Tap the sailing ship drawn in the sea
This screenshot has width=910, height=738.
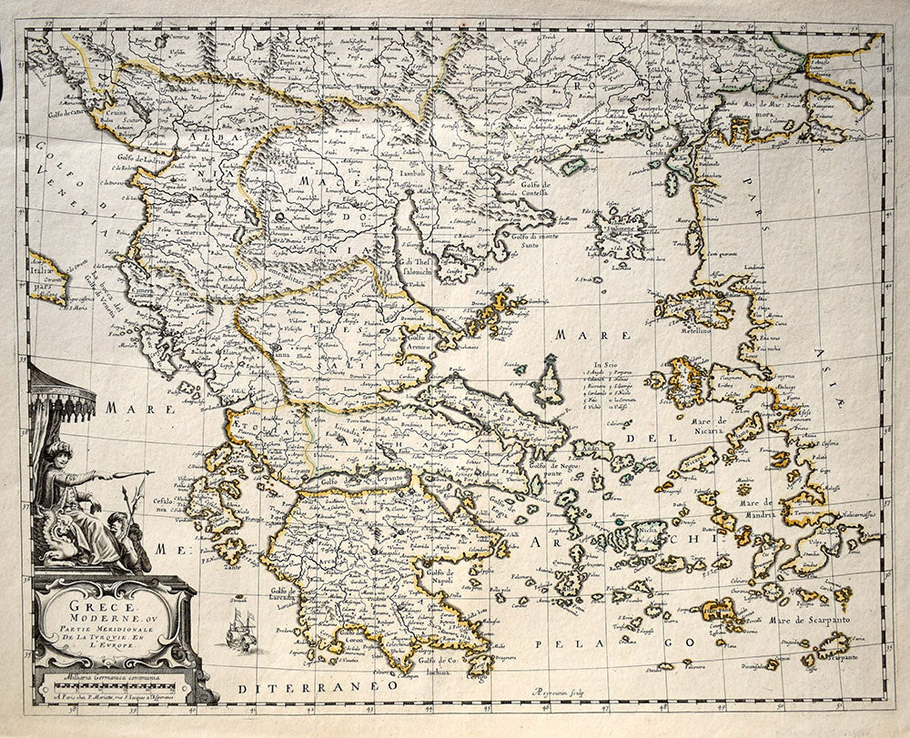[x=241, y=628]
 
